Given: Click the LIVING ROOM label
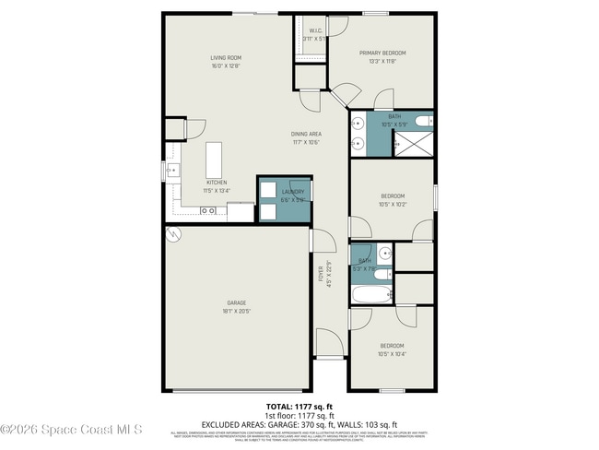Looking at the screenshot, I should (x=225, y=58).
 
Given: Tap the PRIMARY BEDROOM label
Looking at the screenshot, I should (x=382, y=53).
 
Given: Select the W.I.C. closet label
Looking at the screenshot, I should (x=315, y=30).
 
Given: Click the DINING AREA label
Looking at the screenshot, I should (x=306, y=135).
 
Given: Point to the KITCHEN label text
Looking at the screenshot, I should (x=217, y=183).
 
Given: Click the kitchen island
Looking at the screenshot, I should (x=216, y=160).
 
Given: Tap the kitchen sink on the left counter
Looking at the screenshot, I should (x=170, y=172).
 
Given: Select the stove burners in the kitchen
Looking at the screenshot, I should (x=209, y=211).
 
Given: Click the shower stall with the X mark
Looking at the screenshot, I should (x=412, y=143).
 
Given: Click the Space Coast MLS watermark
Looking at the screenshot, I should (x=72, y=429).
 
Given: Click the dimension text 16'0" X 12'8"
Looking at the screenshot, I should (x=225, y=65).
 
